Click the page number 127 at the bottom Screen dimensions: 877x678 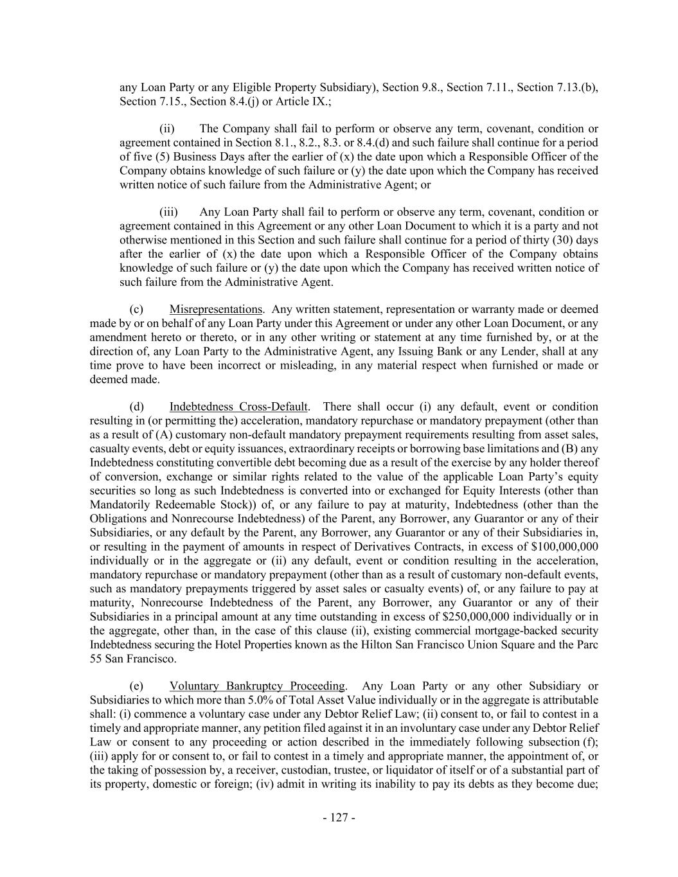(339, 818)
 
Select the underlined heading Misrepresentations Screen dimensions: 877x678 (215, 310)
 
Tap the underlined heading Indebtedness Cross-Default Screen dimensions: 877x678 (238, 407)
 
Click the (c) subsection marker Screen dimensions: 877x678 (136, 310)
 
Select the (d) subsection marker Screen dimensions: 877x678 (136, 407)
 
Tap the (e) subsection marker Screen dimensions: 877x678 (136, 686)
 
